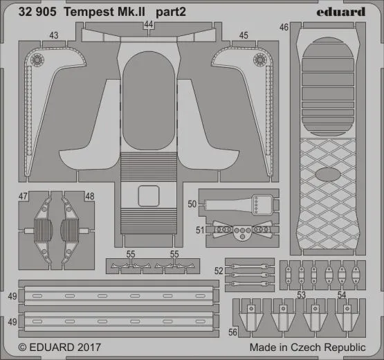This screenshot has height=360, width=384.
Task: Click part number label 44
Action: (149, 25)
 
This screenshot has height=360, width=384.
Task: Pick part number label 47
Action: (23, 197)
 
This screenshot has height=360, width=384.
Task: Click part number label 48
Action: (89, 197)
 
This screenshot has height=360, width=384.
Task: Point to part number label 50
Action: (192, 204)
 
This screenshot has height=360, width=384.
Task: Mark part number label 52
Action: (219, 271)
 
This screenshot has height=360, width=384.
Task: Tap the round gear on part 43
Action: (38, 60)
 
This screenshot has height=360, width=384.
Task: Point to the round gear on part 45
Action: (261, 60)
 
